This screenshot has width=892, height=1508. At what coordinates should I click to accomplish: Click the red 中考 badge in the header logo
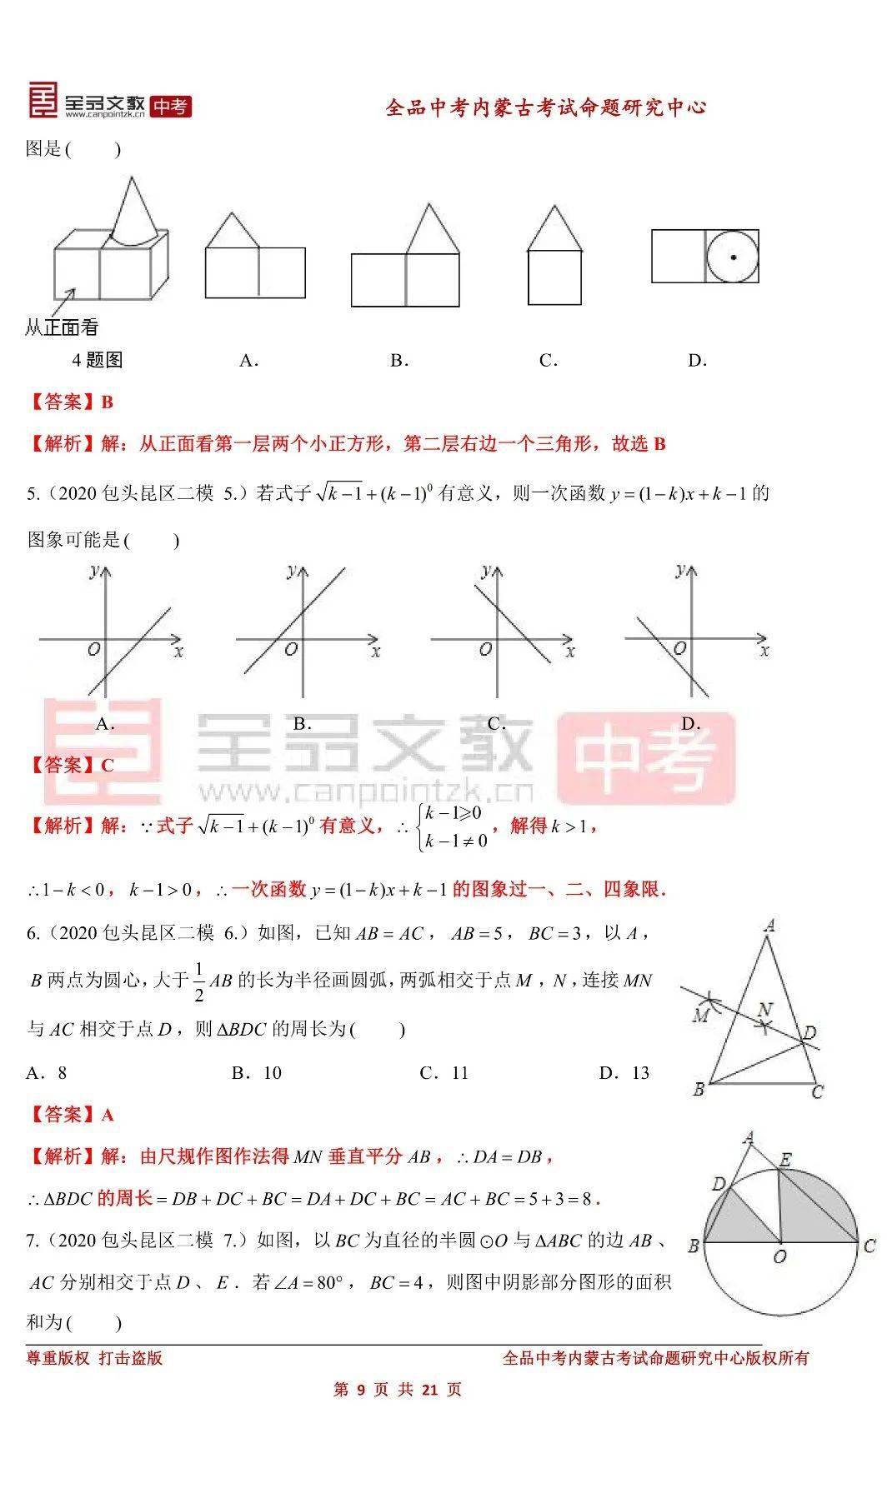171,107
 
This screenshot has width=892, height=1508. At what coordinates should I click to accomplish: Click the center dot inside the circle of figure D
733,257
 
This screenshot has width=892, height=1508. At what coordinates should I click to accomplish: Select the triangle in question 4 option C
554,228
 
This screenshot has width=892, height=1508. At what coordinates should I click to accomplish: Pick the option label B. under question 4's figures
398,361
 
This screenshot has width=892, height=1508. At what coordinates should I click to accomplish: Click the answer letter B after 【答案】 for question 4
107,402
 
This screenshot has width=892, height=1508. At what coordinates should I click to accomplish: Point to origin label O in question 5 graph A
93,649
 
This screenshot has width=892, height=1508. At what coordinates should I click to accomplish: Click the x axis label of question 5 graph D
764,651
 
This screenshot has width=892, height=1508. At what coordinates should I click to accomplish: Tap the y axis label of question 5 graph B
291,571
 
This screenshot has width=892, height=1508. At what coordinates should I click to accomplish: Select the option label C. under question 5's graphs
497,723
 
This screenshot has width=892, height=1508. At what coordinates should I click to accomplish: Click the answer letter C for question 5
107,765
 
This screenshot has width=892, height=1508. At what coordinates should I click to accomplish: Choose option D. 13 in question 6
624,1072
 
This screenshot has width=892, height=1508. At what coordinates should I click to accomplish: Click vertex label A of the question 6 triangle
769,925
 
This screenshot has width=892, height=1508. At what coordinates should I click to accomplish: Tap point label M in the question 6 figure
700,1015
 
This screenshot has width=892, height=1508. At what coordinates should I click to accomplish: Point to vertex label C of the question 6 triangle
817,1091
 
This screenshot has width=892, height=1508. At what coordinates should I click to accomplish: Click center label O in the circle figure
779,1256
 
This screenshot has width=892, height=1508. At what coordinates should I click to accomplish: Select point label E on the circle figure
784,1160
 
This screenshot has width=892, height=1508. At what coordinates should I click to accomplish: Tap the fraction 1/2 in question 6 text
198,981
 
